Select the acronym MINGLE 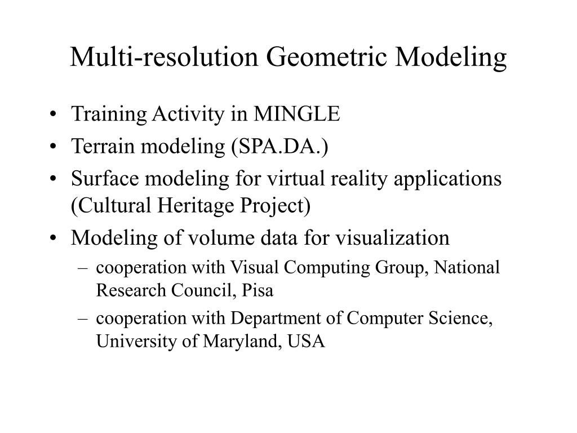[x=297, y=114]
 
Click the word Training [x=108, y=114]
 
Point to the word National [x=467, y=267]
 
